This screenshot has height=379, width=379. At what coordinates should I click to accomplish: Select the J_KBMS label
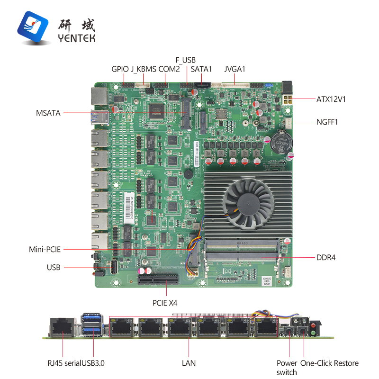tap(143, 69)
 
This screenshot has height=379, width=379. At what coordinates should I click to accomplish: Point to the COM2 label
tap(169, 69)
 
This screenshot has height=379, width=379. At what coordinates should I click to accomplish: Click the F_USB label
tap(185, 60)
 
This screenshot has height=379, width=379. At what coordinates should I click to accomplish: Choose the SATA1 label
tap(201, 69)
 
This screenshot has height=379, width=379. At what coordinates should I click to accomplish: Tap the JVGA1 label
tap(235, 69)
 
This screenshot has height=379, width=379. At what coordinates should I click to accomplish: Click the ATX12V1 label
tap(332, 99)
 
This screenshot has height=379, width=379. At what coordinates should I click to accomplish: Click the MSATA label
tap(48, 113)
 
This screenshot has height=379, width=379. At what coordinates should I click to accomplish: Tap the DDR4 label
tap(326, 258)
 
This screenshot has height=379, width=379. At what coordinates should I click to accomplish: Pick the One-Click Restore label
tap(330, 363)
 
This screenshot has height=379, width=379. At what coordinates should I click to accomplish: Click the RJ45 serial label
tap(63, 363)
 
